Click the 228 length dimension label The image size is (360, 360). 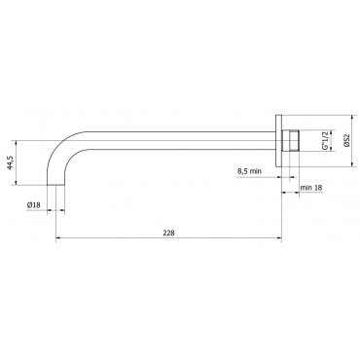tap(168, 233)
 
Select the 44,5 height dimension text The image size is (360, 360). tap(10, 162)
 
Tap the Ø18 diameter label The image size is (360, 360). tap(34, 205)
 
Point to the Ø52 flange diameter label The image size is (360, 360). tap(346, 140)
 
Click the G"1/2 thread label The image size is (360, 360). tap(325, 140)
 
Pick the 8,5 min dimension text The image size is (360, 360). tap(249, 171)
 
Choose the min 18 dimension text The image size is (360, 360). tap(311, 188)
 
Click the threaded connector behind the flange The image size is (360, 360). tap(290, 140)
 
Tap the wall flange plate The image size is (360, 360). tap(278, 141)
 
